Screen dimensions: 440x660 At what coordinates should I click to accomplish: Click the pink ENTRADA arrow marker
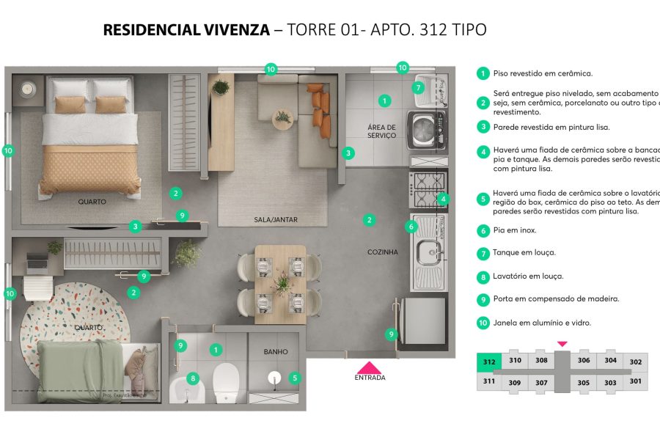pos(369,367)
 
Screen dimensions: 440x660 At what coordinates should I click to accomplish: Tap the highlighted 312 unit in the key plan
pos(488,361)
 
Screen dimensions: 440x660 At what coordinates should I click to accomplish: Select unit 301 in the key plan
pos(635,381)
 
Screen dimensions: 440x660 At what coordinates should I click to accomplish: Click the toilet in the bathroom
pos(225,379)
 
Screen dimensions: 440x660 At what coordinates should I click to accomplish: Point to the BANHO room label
pos(276,352)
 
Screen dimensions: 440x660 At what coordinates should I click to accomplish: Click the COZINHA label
pos(383,252)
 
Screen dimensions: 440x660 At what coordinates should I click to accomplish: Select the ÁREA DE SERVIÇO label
pos(381,131)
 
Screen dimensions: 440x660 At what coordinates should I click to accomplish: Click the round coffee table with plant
pos(282,117)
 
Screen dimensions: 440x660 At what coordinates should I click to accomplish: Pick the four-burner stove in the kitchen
pos(426,188)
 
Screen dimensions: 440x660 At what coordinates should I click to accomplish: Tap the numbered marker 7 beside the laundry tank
pos(418,88)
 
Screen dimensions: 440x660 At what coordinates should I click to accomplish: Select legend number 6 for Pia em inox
pos(483,230)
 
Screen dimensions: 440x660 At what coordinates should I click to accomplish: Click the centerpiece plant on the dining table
pos(282,282)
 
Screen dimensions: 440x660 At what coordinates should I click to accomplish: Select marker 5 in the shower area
pos(295,378)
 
